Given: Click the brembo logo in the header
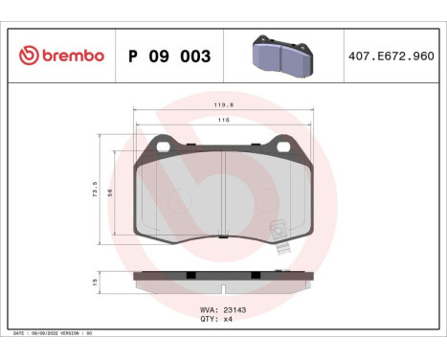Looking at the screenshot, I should (x=59, y=56).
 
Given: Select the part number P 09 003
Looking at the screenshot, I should (x=168, y=56).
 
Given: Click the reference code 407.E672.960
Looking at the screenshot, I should (x=394, y=56).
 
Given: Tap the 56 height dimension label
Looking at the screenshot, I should (x=109, y=192).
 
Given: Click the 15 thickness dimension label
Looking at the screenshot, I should (x=93, y=281).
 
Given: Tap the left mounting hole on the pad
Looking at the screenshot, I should (x=162, y=146).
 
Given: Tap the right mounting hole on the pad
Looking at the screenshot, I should (x=283, y=146).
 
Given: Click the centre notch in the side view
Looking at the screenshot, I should (x=222, y=287).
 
